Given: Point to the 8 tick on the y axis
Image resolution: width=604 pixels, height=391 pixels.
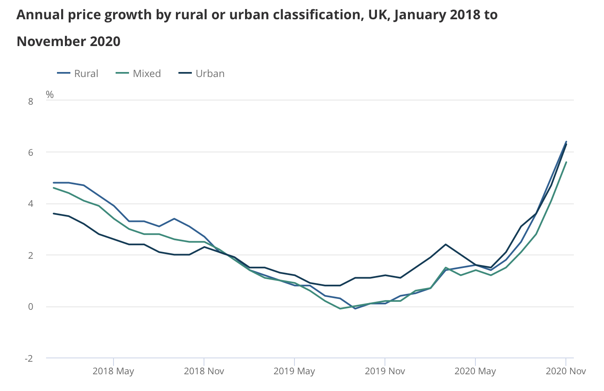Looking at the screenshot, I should (31, 101).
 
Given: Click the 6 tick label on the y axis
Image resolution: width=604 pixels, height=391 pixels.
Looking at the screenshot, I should (31, 152).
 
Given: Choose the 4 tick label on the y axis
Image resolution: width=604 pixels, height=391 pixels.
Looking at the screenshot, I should (31, 204).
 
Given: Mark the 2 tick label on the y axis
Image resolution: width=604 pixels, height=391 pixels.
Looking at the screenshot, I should (31, 255).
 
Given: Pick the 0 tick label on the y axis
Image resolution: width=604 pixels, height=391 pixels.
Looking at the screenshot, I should (31, 307).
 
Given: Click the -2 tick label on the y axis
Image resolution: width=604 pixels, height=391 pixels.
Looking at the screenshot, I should (29, 358).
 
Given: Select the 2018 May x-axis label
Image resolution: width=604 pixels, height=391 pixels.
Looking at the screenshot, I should (113, 371).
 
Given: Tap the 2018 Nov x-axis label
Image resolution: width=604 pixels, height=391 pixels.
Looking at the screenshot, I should (204, 371).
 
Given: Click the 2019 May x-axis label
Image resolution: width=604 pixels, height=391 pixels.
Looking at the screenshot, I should (294, 371).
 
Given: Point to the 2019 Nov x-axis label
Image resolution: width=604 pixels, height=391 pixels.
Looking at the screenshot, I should (385, 371).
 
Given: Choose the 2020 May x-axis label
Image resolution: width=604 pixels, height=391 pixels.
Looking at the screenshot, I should (475, 371).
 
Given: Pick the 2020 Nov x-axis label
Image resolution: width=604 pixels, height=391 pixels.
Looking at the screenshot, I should (566, 371).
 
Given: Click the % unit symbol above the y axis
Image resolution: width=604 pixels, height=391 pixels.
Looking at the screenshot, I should (50, 95).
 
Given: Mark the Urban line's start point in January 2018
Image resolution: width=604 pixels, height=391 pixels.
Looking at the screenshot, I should (54, 214).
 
